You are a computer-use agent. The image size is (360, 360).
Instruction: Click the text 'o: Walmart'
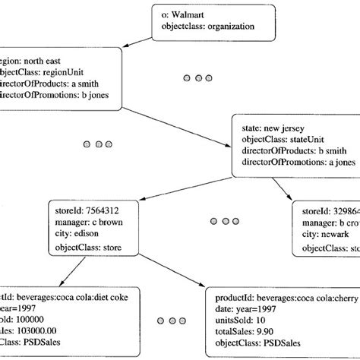(188, 14)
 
